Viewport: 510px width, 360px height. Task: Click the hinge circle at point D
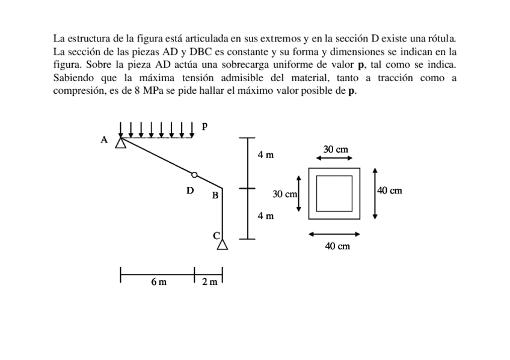[x=194, y=175]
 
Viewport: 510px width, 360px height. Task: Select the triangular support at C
[x=223, y=244]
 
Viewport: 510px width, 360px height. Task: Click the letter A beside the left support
[x=104, y=139]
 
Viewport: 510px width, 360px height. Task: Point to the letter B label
[x=214, y=195]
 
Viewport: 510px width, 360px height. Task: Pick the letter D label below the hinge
[x=190, y=191]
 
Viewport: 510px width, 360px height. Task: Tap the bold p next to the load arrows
[x=204, y=126]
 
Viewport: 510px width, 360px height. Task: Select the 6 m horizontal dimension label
[x=159, y=281]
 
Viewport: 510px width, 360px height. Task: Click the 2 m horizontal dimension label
[x=209, y=281]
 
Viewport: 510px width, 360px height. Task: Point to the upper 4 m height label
[x=265, y=155]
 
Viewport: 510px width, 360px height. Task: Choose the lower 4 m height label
[x=265, y=215]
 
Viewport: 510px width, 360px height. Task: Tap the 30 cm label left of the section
[x=285, y=194]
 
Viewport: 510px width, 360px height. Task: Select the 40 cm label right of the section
[x=390, y=191]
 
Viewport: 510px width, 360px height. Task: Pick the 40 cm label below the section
[x=337, y=246]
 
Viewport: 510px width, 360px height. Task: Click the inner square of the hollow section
[x=334, y=194]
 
